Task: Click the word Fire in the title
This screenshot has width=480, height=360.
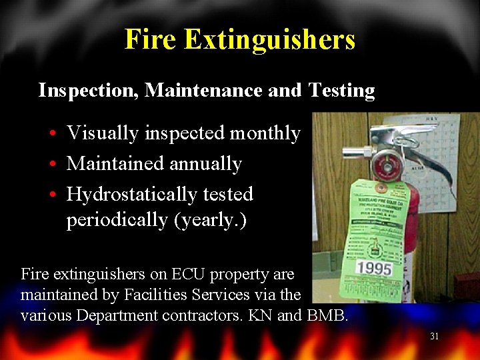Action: point(150,39)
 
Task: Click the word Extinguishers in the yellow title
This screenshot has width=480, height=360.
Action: point(269,39)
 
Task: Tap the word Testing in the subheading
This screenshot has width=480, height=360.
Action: point(341,91)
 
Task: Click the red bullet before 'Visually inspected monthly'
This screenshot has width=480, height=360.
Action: point(52,134)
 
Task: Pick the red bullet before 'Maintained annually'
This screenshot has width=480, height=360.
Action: point(52,164)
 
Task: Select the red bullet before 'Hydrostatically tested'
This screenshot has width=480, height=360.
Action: point(52,195)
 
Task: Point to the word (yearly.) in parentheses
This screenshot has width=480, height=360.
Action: point(210,220)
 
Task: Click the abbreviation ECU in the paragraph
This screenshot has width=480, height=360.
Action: point(190,274)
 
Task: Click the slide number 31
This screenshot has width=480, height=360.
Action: point(434,337)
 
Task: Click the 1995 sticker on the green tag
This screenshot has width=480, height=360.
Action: point(374,269)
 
